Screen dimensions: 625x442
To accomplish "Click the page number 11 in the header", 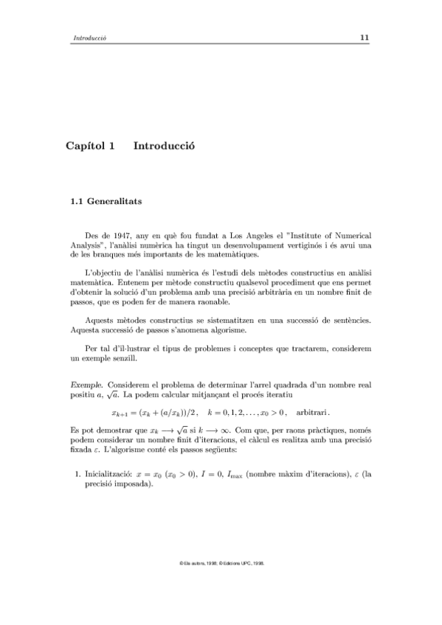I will click(x=365, y=38).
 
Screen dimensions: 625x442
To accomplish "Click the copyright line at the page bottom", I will click(x=221, y=562).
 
